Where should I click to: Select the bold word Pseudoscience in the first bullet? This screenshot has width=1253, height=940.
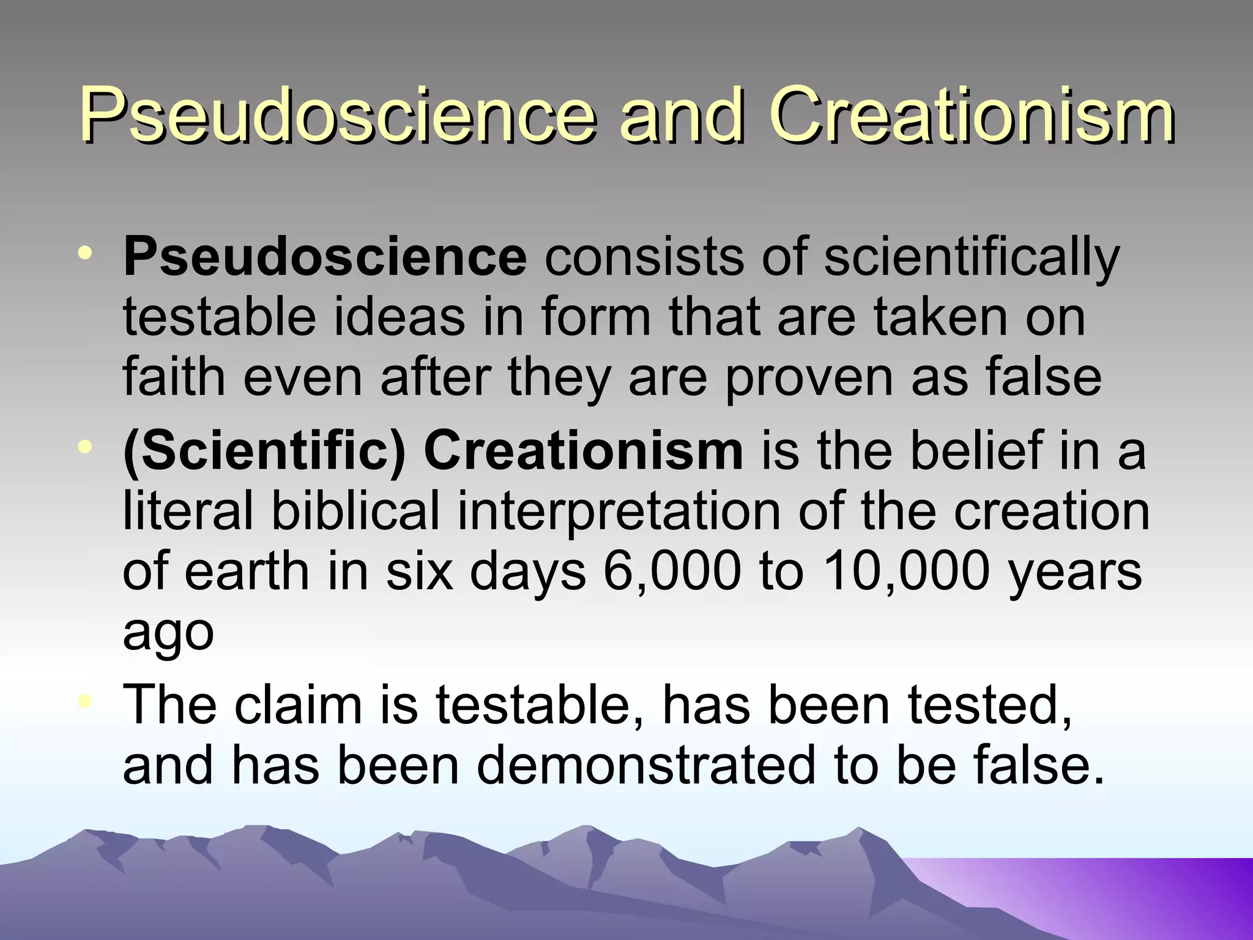(x=325, y=258)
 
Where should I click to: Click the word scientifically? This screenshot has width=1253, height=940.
(x=972, y=258)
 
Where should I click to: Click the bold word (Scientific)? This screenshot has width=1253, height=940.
(x=264, y=452)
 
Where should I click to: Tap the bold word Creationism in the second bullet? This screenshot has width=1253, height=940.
(x=584, y=452)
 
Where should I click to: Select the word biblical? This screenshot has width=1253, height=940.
(x=355, y=511)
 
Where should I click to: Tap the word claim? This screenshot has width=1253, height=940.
(x=298, y=705)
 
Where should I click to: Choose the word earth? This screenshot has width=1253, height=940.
(x=247, y=572)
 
